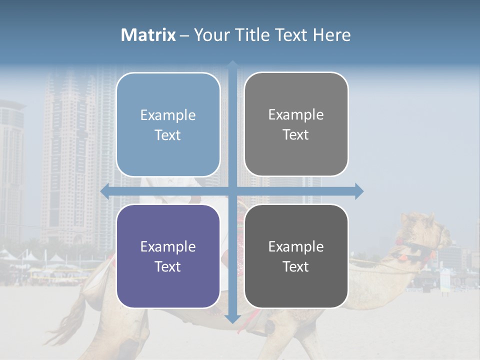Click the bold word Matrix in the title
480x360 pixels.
tap(148, 35)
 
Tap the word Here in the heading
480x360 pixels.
tap(332, 35)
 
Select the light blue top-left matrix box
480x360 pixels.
tap(168, 124)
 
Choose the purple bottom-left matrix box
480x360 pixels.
tap(168, 256)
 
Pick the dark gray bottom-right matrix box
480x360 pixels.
tap(296, 256)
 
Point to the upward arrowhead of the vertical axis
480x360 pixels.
tap(232, 65)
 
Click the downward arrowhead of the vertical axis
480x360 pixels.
tap(232, 318)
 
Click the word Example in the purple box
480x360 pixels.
tap(168, 246)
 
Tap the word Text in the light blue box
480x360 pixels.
tap(168, 135)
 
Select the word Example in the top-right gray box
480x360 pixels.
tap(296, 114)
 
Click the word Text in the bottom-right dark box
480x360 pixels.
tap(296, 266)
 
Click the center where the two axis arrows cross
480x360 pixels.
tap(232, 191)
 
